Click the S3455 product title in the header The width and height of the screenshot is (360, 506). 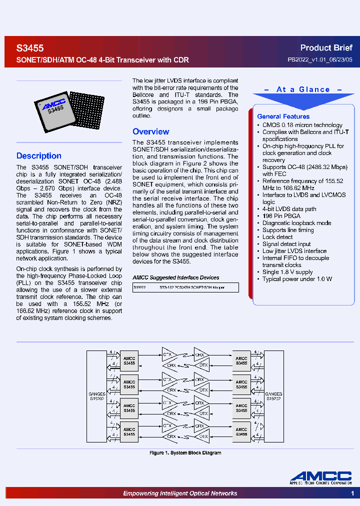coord(30,48)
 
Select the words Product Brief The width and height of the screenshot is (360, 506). coord(326,48)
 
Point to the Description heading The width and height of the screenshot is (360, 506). coord(39,156)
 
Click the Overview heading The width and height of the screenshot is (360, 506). coord(150,132)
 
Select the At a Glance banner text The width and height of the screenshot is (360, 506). coord(303,89)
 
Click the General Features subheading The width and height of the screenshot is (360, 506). coord(283,116)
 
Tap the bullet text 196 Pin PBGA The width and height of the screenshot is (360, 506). coord(281,216)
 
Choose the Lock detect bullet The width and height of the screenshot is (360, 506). coord(277,237)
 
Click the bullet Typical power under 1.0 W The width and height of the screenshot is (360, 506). coord(297,279)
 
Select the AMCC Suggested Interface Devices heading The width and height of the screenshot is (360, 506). coord(175,277)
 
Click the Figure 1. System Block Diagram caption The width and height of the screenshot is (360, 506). coord(185,452)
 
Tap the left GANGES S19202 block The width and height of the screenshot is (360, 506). coord(96,396)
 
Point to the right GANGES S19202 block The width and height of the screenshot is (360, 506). coord(273,396)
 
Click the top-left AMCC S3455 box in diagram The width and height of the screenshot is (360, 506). coord(129,361)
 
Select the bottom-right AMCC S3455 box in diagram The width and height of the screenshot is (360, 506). coord(241,431)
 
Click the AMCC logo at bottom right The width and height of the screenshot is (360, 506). coord(321,478)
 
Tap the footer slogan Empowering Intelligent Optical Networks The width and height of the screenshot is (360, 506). coord(180,493)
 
